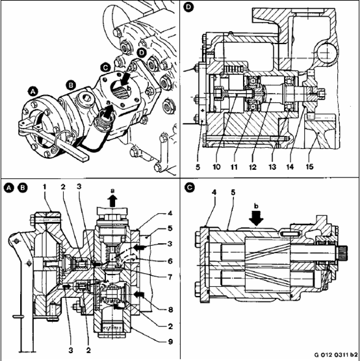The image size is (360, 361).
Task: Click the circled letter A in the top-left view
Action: [x=33, y=92]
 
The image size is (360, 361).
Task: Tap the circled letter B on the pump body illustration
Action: [x=71, y=85]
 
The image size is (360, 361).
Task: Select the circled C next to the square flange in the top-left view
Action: [x=105, y=68]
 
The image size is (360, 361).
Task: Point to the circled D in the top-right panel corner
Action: [x=188, y=7]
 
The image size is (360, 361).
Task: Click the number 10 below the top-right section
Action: [x=216, y=167]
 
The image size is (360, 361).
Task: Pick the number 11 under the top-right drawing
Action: [x=234, y=167]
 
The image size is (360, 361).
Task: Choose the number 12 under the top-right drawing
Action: [x=253, y=167]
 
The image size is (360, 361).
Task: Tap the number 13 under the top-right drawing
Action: [x=272, y=167]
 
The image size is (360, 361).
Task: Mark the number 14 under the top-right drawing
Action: [x=290, y=167]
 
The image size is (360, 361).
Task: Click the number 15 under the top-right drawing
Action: [x=309, y=167]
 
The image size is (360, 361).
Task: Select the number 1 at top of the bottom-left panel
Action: [x=45, y=187]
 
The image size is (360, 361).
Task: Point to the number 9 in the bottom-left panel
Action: [x=170, y=341]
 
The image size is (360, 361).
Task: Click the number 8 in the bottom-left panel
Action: [x=170, y=310]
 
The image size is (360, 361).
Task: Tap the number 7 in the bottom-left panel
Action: [x=170, y=277]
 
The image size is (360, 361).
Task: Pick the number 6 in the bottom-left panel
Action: [x=170, y=261]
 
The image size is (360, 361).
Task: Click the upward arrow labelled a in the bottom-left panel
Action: [x=112, y=201]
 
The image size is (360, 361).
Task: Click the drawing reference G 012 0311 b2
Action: [x=336, y=354]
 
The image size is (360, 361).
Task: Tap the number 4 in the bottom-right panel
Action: [x=214, y=193]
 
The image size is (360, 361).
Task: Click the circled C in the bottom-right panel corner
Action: [x=190, y=187]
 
